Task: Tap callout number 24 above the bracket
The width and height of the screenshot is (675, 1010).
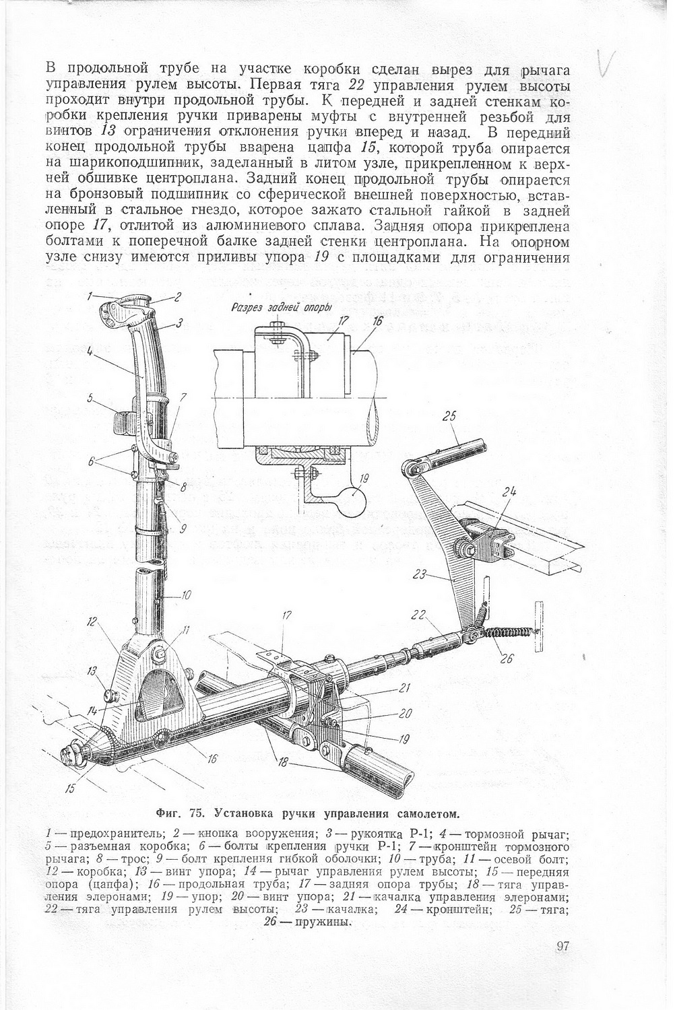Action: (509, 492)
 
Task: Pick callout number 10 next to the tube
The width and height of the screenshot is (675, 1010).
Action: (186, 595)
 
